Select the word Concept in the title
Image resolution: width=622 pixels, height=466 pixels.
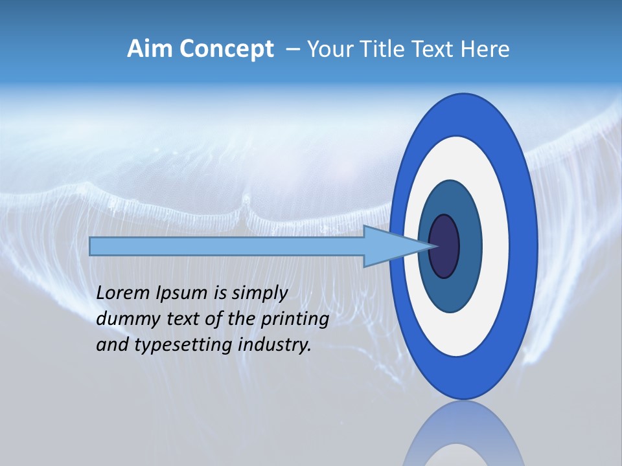[226, 50]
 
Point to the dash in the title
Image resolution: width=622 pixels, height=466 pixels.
[292, 50]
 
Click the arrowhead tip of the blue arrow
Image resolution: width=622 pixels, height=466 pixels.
[435, 246]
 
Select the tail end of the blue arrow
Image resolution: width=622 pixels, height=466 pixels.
[91, 246]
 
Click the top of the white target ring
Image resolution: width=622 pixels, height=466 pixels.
[460, 146]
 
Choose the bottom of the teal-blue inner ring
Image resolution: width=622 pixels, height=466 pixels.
[450, 304]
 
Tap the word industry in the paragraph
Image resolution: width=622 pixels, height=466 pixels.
[275, 345]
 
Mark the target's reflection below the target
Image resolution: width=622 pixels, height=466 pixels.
[463, 437]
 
